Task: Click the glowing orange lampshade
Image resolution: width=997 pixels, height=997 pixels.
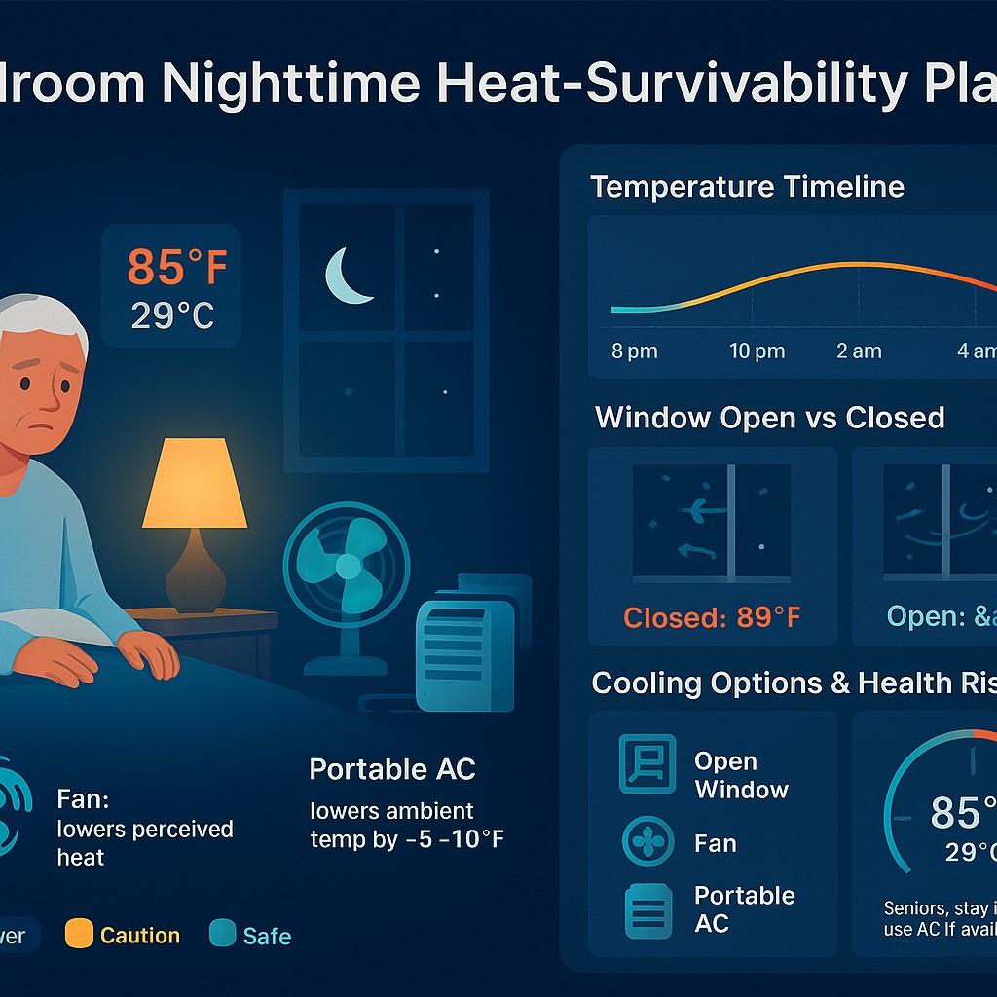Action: click(x=195, y=483)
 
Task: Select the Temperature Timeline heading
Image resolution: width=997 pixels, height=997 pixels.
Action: click(x=747, y=186)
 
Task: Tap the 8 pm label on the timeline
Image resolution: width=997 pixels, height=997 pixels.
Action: click(x=635, y=351)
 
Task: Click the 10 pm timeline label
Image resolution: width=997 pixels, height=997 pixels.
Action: click(x=757, y=351)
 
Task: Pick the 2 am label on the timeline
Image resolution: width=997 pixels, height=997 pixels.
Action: click(x=859, y=351)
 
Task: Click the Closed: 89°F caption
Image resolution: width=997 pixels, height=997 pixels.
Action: click(x=713, y=617)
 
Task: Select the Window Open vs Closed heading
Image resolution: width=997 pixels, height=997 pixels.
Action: click(x=769, y=418)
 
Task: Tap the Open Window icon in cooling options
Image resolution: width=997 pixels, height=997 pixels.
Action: click(x=647, y=763)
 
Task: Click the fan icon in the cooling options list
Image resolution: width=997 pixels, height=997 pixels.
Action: click(x=647, y=842)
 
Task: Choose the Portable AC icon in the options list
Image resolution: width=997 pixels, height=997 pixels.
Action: click(x=647, y=909)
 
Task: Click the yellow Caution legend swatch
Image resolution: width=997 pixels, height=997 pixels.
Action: click(x=78, y=936)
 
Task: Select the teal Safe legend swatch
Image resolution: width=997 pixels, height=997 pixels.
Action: click(x=223, y=936)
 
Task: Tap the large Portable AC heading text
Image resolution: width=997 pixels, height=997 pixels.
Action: click(x=392, y=769)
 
